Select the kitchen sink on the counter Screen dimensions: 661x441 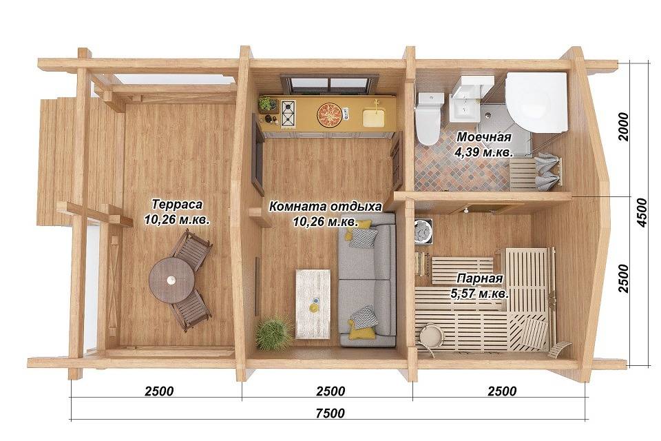[x=374, y=117]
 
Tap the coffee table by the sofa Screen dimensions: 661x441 [x=313, y=304]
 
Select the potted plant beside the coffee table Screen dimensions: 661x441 [x=273, y=333]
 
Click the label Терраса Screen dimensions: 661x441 [x=177, y=204]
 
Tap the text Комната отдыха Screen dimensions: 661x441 [x=326, y=207]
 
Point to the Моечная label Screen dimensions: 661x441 [x=484, y=136]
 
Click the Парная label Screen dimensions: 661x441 [x=480, y=278]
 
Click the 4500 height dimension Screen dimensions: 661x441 [x=641, y=213]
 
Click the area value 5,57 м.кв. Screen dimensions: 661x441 [x=480, y=294]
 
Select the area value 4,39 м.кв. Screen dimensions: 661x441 [x=483, y=152]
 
